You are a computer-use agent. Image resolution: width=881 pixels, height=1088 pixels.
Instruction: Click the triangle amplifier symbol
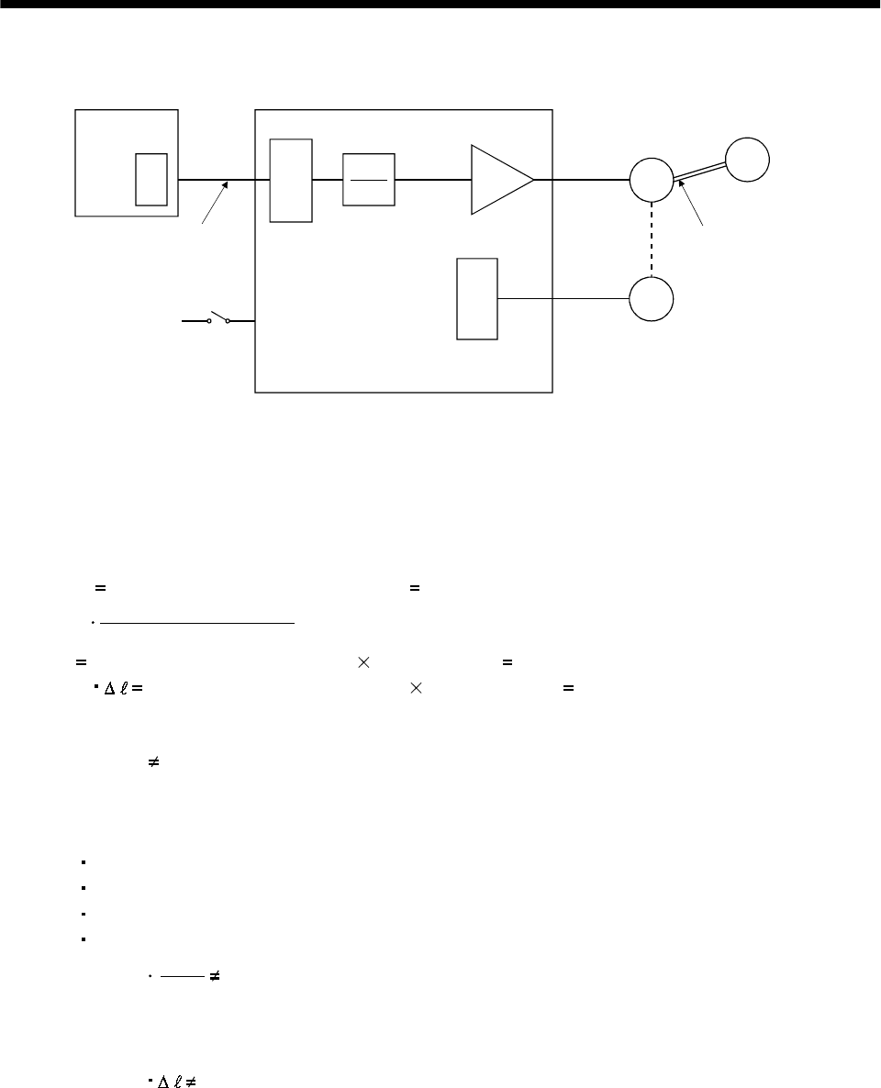[498, 180]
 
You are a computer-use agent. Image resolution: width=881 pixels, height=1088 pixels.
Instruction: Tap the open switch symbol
[218, 319]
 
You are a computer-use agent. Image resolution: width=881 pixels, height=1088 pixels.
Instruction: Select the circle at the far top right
[747, 159]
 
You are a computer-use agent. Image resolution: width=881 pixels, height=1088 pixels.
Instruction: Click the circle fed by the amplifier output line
[651, 180]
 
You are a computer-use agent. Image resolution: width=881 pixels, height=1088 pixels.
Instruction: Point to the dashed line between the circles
[651, 239]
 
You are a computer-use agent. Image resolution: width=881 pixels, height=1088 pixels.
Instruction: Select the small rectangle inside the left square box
[151, 180]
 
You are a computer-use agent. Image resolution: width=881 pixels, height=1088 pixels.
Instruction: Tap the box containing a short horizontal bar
[368, 180]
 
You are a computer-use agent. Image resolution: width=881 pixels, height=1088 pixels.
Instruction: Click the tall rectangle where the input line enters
[291, 180]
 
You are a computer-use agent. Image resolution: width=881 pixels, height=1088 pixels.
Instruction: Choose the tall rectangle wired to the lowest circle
[477, 299]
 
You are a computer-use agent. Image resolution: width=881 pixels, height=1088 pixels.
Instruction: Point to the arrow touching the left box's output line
[214, 203]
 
